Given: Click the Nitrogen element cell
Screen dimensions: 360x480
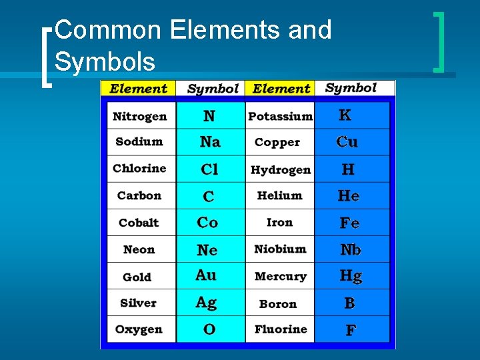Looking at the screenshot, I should [x=140, y=117].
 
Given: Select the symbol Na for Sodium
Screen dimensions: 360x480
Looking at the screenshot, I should [x=210, y=142].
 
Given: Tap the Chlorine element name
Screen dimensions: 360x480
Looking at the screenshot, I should [x=139, y=169].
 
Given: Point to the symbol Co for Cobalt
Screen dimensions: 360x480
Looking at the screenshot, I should [x=207, y=223].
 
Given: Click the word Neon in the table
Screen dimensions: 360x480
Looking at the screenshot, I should [x=139, y=250].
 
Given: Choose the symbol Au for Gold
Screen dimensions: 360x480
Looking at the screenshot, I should [x=206, y=275].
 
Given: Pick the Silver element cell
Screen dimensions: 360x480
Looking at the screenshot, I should [x=138, y=303].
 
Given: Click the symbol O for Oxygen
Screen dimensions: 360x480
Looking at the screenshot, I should [x=209, y=330].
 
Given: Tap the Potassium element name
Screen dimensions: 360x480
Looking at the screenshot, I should [x=280, y=117].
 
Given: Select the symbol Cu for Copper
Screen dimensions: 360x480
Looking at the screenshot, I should [x=347, y=142].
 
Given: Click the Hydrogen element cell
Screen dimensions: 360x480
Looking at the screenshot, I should [x=281, y=170].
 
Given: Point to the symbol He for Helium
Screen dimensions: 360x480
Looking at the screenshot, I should [x=349, y=196].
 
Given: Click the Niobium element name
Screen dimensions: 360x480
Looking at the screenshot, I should [x=280, y=249].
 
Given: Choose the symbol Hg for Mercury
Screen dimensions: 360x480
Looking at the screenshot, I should [x=351, y=276].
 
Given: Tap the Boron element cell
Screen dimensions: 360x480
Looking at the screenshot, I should [x=278, y=304].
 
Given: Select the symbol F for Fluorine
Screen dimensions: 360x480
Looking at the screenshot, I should [x=350, y=330].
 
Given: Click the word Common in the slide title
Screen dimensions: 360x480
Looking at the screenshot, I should [x=109, y=30].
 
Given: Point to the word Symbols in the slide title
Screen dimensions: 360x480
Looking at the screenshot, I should [x=105, y=61].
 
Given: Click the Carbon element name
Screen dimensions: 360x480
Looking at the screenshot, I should [x=139, y=196].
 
